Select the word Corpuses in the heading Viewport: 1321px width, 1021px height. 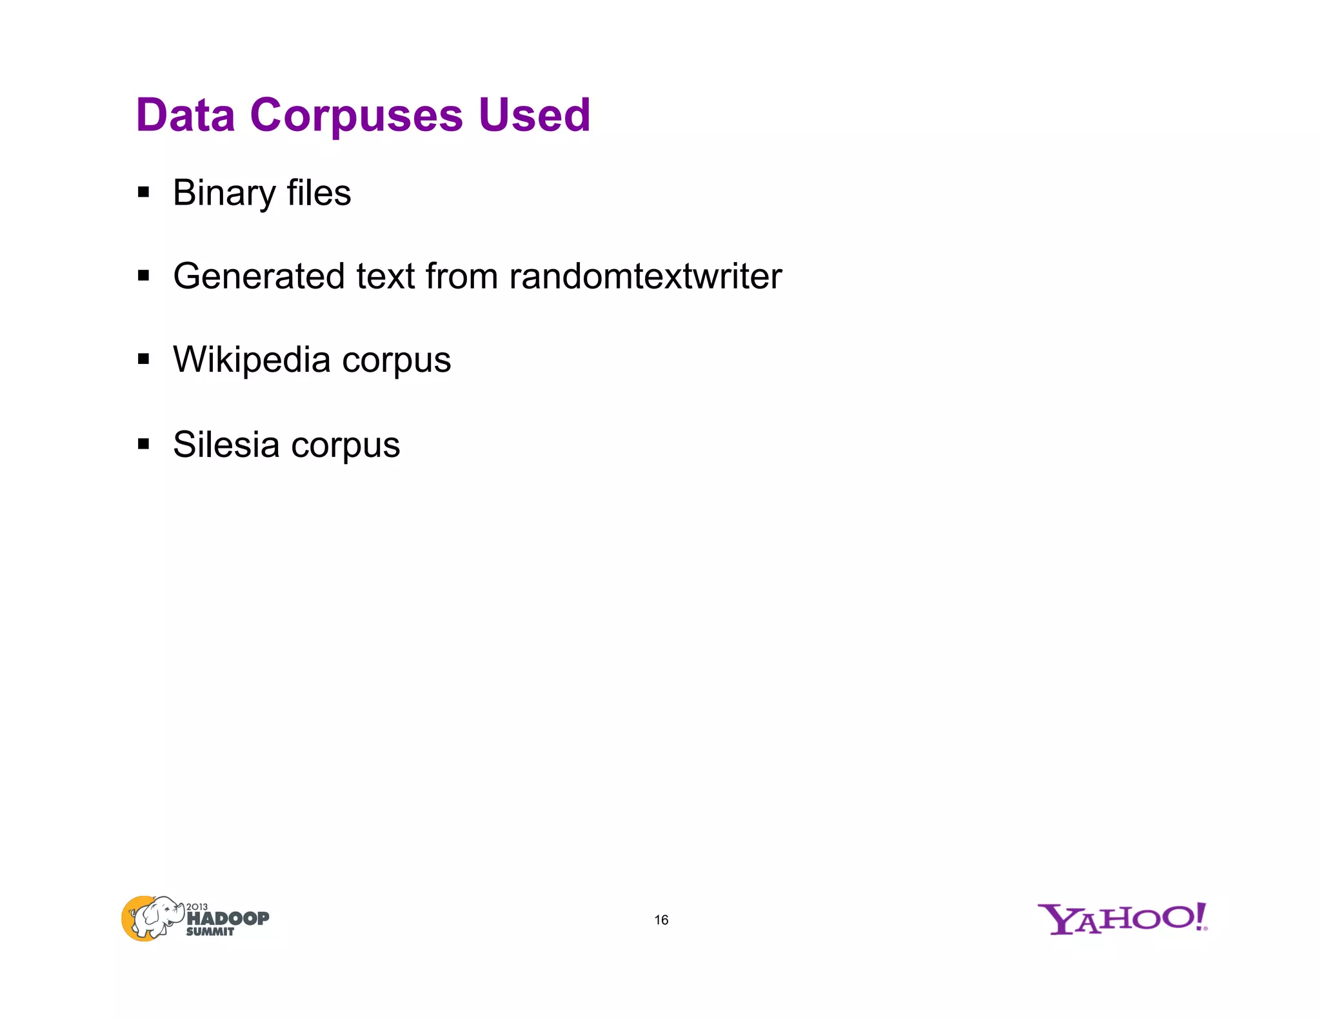[x=356, y=116]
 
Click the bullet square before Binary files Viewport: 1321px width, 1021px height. [x=143, y=192]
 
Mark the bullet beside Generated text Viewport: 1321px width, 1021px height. [x=143, y=276]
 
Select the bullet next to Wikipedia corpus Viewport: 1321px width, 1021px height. [x=143, y=359]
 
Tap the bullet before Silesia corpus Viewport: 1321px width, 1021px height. [x=143, y=444]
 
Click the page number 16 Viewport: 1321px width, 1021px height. [x=661, y=920]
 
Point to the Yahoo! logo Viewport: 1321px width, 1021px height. [x=1122, y=918]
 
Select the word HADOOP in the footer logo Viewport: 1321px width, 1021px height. [x=228, y=918]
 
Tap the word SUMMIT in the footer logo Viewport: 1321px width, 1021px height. [x=210, y=931]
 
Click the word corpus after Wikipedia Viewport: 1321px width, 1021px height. [x=396, y=360]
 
